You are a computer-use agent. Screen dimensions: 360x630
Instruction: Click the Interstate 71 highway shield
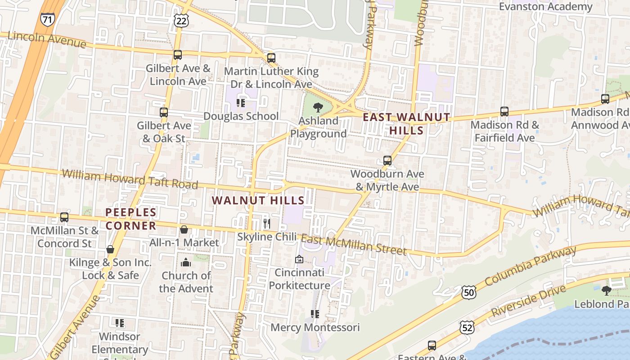click(x=48, y=19)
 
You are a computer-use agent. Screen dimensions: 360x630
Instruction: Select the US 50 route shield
click(x=468, y=292)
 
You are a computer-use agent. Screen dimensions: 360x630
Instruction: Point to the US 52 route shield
click(x=468, y=327)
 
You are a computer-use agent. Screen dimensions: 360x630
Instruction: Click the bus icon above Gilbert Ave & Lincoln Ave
click(x=178, y=55)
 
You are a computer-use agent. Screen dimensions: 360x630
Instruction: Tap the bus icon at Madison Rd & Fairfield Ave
click(x=504, y=112)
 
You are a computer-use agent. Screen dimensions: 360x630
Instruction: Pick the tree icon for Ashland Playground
click(x=318, y=107)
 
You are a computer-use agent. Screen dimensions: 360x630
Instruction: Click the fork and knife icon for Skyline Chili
click(x=267, y=224)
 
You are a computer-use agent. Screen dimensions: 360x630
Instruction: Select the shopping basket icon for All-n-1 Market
click(x=184, y=229)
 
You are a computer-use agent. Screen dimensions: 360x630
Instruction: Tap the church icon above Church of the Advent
click(x=186, y=262)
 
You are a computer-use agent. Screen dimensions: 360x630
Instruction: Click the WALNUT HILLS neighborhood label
click(x=258, y=200)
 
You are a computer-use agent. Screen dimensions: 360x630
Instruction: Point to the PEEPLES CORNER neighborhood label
click(x=131, y=219)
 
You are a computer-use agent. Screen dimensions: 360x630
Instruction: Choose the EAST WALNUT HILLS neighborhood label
click(x=406, y=124)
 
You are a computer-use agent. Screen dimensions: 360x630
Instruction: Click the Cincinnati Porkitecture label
click(x=299, y=279)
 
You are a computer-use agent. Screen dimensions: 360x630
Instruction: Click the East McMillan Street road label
click(x=354, y=244)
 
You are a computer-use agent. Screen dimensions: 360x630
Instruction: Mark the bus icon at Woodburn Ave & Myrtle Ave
click(x=387, y=161)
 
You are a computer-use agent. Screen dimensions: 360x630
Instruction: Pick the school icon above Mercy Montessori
click(x=315, y=314)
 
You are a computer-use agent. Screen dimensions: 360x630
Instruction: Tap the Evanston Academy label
click(x=545, y=7)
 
